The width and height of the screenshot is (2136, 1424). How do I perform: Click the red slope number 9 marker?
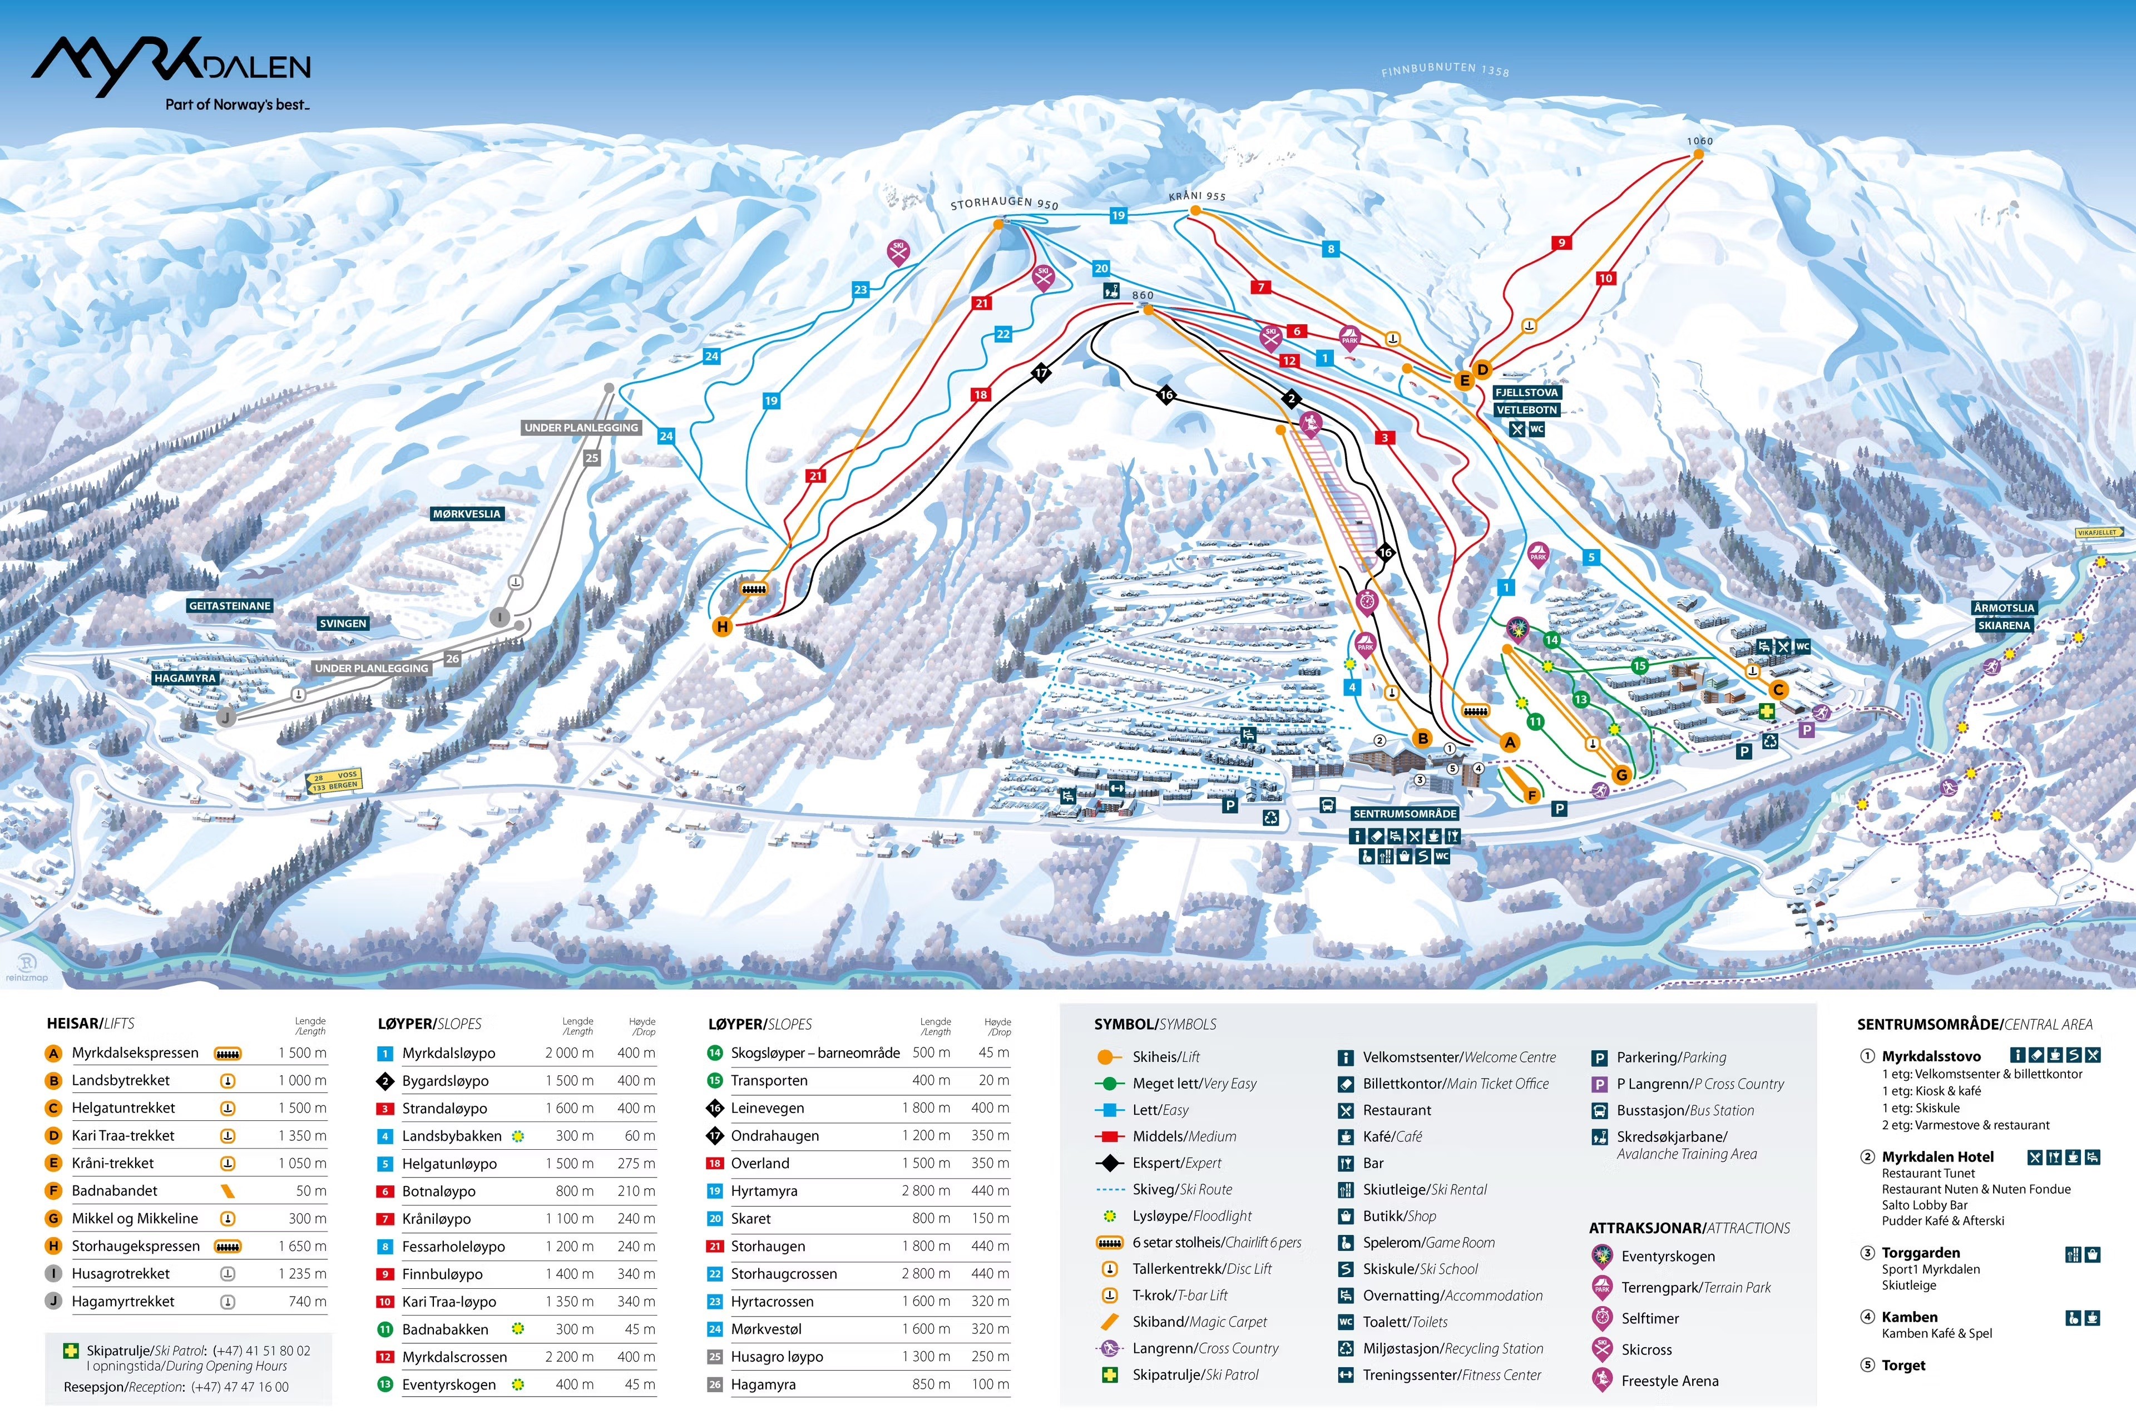coord(1561,243)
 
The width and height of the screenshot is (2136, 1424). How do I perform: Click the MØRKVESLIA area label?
coord(466,514)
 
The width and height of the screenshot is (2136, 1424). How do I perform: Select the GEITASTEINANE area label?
coord(230,606)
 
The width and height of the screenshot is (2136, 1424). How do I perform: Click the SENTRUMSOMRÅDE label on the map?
coord(1404,814)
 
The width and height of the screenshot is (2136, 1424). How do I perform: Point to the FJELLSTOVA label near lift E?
coord(1526,392)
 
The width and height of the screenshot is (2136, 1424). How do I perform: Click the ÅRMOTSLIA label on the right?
coord(2004,607)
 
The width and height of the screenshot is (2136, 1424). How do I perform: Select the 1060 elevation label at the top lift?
coord(1699,141)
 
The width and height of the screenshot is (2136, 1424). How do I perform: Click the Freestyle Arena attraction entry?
coord(1669,1381)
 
